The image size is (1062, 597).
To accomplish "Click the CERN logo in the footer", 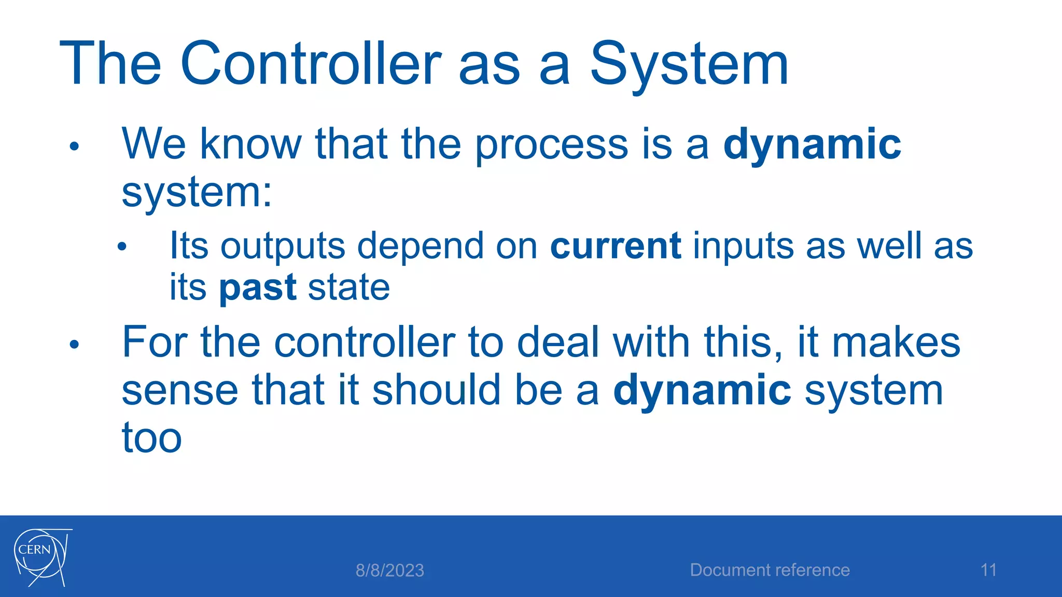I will [41, 557].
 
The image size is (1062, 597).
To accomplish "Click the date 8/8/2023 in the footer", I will [389, 571].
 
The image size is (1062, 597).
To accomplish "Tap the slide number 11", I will [988, 570].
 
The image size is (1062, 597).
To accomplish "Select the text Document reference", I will [770, 570].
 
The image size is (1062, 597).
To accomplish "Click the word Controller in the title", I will [311, 64].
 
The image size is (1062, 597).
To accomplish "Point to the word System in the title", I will [689, 64].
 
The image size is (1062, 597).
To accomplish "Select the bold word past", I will [257, 288].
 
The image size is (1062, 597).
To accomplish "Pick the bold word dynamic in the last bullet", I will [702, 390].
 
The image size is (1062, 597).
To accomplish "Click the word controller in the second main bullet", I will [364, 343].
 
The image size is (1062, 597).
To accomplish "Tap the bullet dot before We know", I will [74, 147].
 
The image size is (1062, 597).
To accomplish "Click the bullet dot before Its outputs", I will [122, 247].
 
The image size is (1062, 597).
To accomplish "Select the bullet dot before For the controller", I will [74, 345].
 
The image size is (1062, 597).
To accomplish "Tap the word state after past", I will [348, 288].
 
